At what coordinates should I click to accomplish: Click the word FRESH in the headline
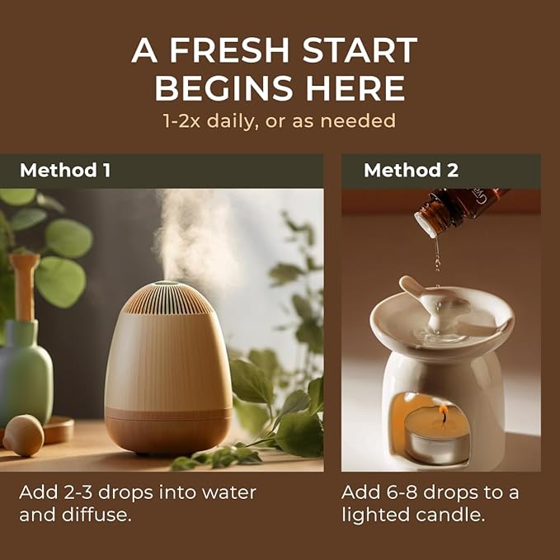pyautogui.click(x=229, y=49)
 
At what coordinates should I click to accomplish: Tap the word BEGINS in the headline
pyautogui.click(x=224, y=88)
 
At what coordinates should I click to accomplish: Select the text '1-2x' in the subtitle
pyautogui.click(x=181, y=120)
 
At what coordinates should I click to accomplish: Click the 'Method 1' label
pyautogui.click(x=65, y=170)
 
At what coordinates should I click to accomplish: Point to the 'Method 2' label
pyautogui.click(x=411, y=170)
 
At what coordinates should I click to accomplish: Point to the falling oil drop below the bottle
pyautogui.click(x=437, y=262)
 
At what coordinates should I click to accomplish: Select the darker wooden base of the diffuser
pyautogui.click(x=168, y=431)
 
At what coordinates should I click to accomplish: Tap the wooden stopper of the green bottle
pyautogui.click(x=25, y=285)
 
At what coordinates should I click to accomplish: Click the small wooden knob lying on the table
pyautogui.click(x=23, y=435)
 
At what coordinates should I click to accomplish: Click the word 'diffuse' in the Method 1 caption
pyautogui.click(x=95, y=515)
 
